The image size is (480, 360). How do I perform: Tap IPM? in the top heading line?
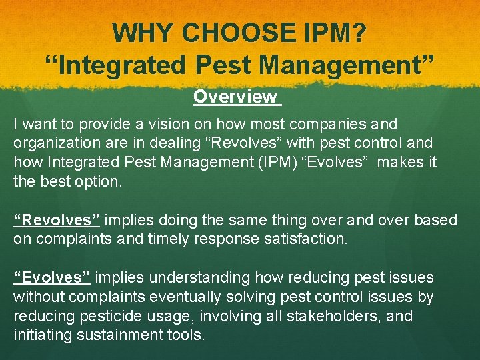pos(333,33)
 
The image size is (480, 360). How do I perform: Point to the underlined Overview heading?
pos(235,97)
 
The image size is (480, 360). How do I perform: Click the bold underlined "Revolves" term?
pos(57,220)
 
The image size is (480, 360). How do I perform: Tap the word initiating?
pos(41,335)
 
